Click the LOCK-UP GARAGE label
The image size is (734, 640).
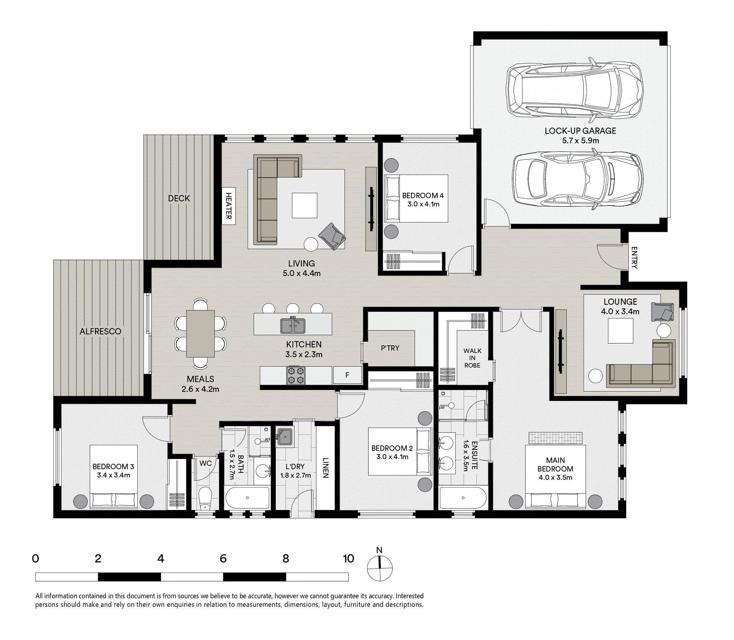pos(580,131)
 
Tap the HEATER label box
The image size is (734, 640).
pos(228,206)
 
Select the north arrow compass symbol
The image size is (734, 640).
pos(379,567)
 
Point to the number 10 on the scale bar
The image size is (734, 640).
pos(349,559)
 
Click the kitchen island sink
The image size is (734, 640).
pos(293,326)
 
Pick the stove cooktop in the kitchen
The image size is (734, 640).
pos(296,375)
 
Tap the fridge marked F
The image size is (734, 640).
pos(347,375)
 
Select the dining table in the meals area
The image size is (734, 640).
pos(200,334)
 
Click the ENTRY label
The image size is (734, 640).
pos(634,257)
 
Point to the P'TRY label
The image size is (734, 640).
pos(390,348)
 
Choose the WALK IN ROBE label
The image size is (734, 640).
pos(472,358)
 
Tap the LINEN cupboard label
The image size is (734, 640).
pos(326,468)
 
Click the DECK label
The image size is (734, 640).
pos(179,198)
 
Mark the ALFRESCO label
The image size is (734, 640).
pos(100,331)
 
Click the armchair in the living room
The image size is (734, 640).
pos(333,236)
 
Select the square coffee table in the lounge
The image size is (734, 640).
pos(620,331)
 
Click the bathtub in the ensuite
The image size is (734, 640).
pos(462,498)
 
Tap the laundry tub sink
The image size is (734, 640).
pos(285,437)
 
